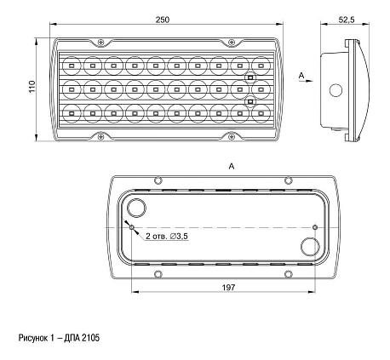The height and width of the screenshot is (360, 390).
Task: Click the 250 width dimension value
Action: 163,20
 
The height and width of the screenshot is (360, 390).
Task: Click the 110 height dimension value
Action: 32,86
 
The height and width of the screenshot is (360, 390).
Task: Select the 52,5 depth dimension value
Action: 347,20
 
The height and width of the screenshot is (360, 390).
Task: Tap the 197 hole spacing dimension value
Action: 228,288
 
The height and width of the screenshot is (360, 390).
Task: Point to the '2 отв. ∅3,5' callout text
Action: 167,236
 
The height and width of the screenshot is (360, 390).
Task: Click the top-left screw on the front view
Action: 100,43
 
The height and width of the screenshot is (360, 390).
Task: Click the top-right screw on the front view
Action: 232,43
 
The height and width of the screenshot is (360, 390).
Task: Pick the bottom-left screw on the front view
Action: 100,137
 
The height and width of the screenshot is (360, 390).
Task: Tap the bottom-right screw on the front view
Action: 232,137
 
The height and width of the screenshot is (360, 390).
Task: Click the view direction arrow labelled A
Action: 307,81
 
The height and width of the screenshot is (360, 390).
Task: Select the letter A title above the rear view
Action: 232,166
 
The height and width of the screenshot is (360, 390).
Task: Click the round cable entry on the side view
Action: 336,90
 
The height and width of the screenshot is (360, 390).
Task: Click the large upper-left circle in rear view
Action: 136,209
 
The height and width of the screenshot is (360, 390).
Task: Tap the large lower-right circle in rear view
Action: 310,247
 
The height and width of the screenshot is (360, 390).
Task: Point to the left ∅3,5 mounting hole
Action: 132,227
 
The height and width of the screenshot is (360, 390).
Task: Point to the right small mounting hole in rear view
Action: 315,227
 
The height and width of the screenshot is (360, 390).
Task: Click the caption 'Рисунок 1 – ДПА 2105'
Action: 59,338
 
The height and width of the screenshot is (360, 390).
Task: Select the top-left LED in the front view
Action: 72,66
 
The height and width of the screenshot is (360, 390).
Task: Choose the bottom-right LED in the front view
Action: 261,113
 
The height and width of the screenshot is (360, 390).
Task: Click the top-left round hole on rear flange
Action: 158,180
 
